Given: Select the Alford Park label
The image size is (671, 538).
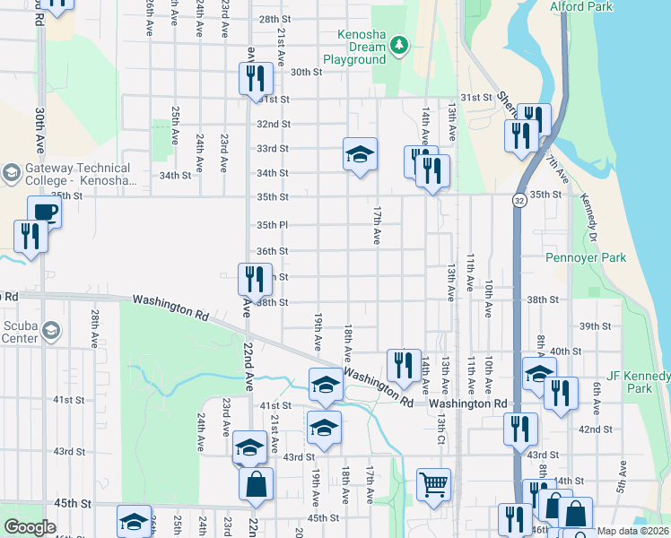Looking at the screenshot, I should click(580, 6).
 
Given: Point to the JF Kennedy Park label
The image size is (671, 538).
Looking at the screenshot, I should click(639, 382).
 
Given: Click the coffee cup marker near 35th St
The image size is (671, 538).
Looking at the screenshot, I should click(44, 213).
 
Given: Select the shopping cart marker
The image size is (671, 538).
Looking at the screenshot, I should click(434, 484).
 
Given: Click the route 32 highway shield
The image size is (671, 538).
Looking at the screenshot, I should click(519, 202).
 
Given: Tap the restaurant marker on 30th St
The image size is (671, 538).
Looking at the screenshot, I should click(256, 78).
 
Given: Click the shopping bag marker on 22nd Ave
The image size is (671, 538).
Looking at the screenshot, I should click(256, 484).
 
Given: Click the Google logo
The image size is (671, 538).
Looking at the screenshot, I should click(30, 527).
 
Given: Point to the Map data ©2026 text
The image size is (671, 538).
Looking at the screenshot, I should click(632, 531).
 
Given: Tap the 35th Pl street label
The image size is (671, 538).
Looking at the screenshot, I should click(272, 225).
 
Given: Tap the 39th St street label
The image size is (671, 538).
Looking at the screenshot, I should click(595, 325).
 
